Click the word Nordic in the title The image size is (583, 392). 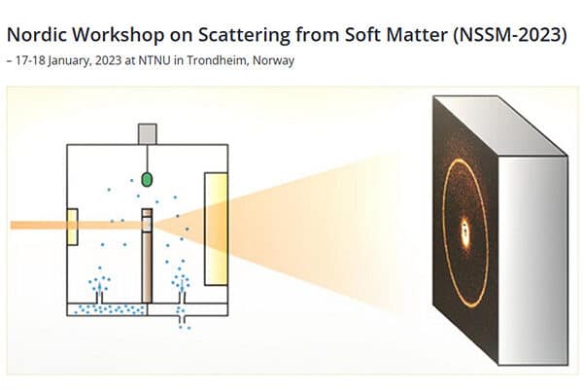37,34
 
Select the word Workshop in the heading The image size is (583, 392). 119,36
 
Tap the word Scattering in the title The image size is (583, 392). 244,36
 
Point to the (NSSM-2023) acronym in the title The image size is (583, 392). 509,35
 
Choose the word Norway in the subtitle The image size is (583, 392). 274,60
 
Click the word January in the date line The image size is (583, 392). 70,60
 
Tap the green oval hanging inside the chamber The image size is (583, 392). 148,179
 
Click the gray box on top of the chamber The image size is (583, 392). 148,134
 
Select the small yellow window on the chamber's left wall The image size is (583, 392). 72,227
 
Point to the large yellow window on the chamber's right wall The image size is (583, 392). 216,229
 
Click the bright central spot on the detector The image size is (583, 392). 464,232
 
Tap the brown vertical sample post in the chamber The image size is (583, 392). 147,256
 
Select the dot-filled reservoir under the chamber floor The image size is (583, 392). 107,309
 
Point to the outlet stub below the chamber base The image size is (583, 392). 183,320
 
